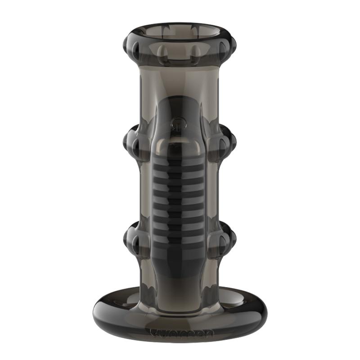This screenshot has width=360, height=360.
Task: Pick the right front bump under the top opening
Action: point(197,54)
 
